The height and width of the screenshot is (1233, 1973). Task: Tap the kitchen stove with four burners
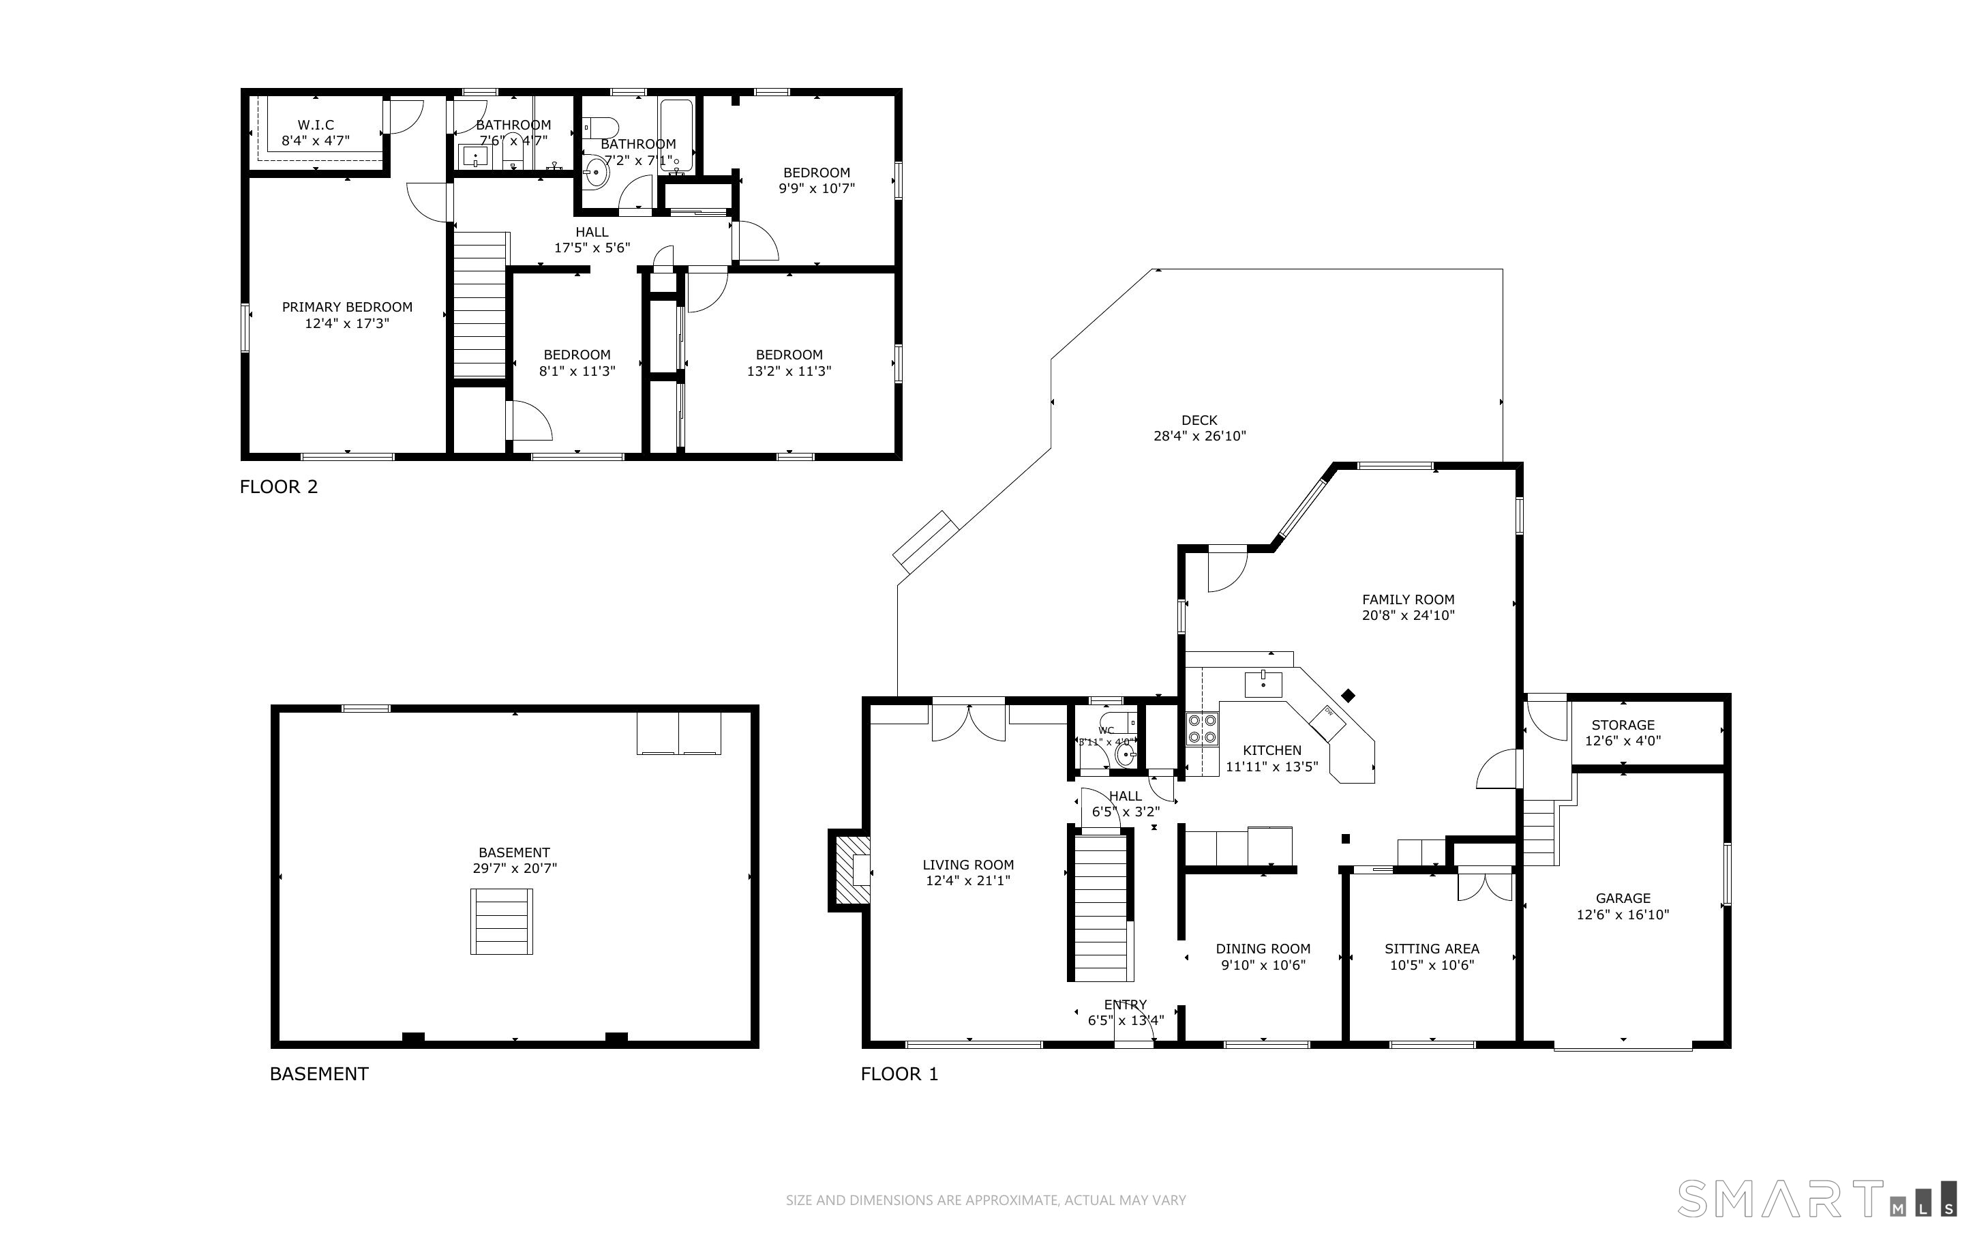[1202, 728]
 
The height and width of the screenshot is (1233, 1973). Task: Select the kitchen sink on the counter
[1263, 685]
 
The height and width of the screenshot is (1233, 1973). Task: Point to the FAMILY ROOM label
[1407, 599]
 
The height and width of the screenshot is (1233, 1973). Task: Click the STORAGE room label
[1623, 725]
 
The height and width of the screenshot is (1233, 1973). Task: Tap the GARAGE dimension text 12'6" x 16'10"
[1622, 914]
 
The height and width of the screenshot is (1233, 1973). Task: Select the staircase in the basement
[501, 921]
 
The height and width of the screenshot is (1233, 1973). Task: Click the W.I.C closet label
[316, 125]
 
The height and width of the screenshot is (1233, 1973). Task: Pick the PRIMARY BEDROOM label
[347, 308]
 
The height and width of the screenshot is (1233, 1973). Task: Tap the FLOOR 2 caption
[279, 487]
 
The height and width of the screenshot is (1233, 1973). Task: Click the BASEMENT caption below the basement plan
[318, 1074]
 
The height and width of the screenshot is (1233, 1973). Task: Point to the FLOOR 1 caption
[899, 1074]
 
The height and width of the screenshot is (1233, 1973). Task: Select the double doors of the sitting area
[1484, 887]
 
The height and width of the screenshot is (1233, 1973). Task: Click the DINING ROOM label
[1263, 949]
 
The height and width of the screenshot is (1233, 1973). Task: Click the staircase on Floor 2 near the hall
[480, 304]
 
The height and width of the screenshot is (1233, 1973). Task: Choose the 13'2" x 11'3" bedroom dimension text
[789, 371]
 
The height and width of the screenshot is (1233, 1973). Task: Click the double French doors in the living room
[968, 722]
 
